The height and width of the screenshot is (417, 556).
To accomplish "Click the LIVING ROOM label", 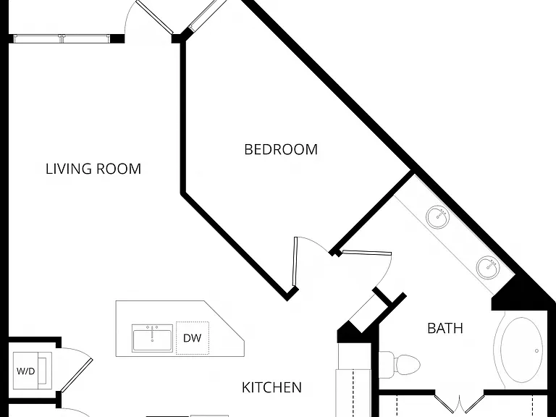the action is pyautogui.click(x=93, y=169).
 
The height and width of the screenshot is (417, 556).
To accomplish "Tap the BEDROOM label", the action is pyautogui.click(x=281, y=149).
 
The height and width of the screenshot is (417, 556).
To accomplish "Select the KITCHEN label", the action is pyautogui.click(x=271, y=387).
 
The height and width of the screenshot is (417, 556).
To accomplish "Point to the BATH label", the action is pyautogui.click(x=445, y=328).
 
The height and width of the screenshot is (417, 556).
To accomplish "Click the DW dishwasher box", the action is pyautogui.click(x=193, y=338).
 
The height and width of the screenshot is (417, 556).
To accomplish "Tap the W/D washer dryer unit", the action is pyautogui.click(x=33, y=371).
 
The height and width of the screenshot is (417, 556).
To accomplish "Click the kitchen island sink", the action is pyautogui.click(x=153, y=338).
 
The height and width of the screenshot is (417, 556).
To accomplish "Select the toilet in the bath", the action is pyautogui.click(x=400, y=365).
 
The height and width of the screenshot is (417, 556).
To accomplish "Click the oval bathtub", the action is pyautogui.click(x=521, y=350).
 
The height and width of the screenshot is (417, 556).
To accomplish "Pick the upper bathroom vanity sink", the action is pyautogui.click(x=437, y=216).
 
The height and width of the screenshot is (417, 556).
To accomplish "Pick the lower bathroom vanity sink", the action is pyautogui.click(x=487, y=267).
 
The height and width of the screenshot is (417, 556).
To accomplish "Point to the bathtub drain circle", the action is pyautogui.click(x=536, y=351).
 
